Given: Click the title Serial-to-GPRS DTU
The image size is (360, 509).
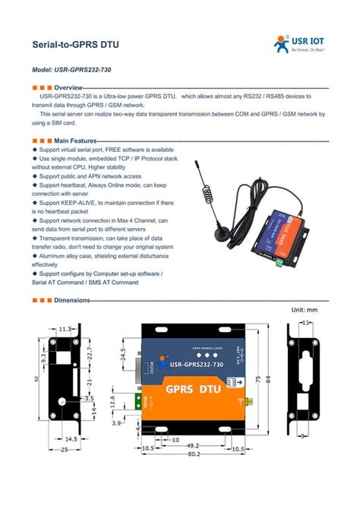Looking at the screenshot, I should (x=75, y=45).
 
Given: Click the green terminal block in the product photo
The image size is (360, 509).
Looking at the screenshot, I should (x=282, y=262).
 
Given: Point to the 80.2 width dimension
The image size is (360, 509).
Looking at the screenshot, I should (x=194, y=454).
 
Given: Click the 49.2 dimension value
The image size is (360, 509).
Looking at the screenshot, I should (x=193, y=446).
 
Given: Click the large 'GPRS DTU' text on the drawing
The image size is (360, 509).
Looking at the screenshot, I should (x=193, y=389).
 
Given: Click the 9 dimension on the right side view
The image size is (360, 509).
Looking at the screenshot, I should (x=304, y=435).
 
